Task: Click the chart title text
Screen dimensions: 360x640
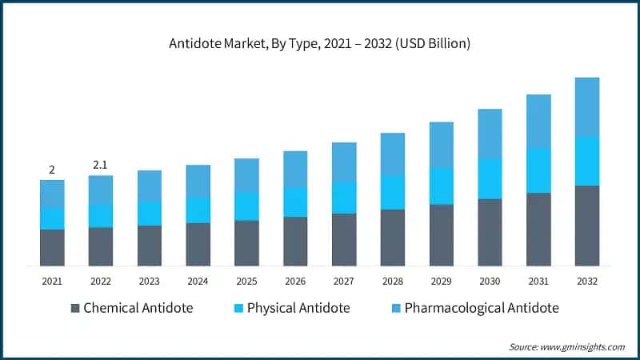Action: click(319, 43)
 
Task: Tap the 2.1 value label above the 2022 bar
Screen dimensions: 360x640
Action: click(100, 165)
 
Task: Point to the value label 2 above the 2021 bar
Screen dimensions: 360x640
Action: click(52, 170)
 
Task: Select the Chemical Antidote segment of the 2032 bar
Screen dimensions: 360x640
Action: click(587, 226)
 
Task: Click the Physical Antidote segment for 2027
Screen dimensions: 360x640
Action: click(344, 197)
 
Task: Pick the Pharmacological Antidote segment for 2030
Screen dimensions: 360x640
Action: click(490, 134)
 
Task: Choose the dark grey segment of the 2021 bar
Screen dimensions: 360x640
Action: click(52, 247)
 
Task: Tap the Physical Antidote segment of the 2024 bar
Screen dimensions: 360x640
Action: click(198, 210)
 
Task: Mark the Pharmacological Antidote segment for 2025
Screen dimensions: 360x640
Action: click(246, 175)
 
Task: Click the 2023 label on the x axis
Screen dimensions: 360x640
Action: click(149, 282)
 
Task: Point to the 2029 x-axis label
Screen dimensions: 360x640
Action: click(441, 282)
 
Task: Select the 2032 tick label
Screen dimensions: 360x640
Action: click(587, 282)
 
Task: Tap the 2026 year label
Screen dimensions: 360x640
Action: click(295, 282)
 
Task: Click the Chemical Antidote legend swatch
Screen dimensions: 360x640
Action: click(75, 308)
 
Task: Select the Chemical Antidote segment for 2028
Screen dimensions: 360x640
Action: click(392, 238)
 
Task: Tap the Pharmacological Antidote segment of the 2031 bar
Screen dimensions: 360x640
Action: click(538, 121)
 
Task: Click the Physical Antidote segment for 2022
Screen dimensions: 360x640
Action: click(100, 216)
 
